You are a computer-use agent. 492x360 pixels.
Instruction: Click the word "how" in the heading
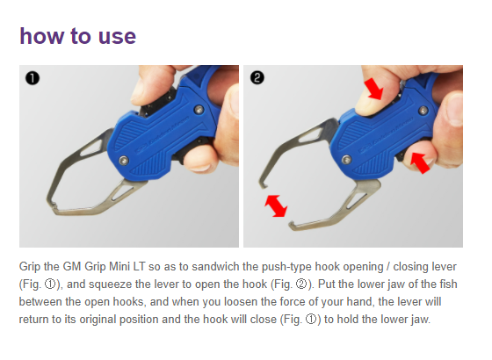point(41,36)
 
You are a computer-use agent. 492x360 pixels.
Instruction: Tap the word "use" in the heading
point(117,37)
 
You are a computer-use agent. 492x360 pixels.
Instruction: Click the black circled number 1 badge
point(33,78)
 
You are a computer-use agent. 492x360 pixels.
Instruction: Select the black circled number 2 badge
point(257,78)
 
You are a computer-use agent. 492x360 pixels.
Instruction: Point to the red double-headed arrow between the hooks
point(276,206)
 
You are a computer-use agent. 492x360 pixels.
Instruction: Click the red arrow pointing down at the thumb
point(373,89)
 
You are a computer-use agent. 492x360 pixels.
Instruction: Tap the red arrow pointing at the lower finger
point(421,162)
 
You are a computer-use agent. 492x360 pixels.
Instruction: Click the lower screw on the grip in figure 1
point(124,160)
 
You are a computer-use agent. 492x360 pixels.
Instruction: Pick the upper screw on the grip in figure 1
point(199,110)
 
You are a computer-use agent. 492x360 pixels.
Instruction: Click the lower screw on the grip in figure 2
point(346,160)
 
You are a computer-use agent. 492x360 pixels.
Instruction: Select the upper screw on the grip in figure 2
point(423,110)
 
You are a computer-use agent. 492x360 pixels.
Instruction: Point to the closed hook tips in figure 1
point(54,206)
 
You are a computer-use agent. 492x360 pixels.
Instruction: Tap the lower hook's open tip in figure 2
point(292,224)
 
